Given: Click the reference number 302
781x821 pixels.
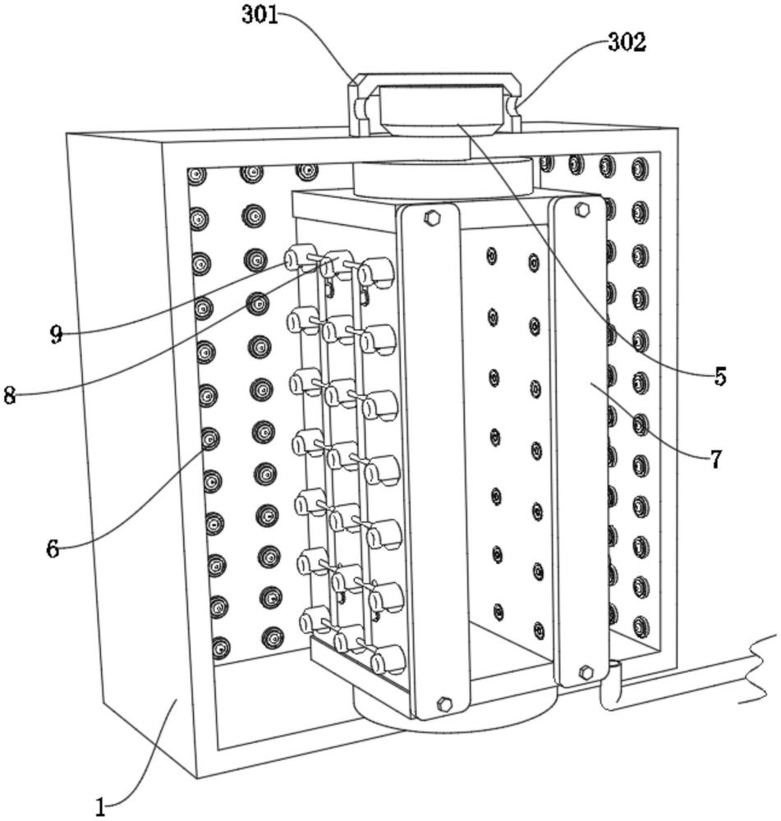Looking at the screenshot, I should coord(627,43).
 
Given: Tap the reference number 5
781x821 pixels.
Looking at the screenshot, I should coord(720,376).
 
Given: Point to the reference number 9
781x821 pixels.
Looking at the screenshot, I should coord(57,335).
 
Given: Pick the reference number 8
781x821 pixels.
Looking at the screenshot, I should coord(9,396).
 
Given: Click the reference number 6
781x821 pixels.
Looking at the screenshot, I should coord(53,548).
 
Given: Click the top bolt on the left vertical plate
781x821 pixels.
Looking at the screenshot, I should coord(432,218).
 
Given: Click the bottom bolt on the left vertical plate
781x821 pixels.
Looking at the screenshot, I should coord(444,704).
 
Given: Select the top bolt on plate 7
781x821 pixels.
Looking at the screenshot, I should coord(582,209).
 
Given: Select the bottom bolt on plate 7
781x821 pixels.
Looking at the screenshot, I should coord(586,672).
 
